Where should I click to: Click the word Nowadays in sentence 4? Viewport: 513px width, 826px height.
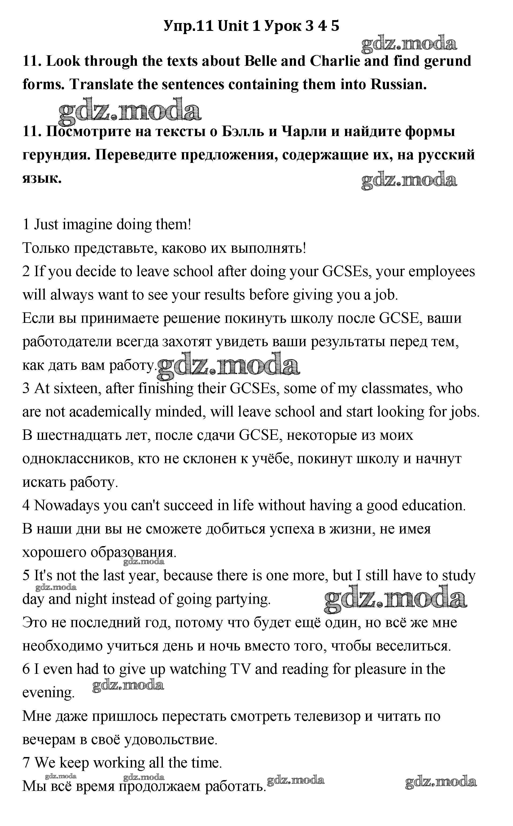click(67, 506)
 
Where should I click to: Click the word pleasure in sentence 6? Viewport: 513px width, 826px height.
click(381, 669)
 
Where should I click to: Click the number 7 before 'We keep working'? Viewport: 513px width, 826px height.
click(26, 763)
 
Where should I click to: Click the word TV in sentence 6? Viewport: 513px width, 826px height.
click(240, 669)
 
